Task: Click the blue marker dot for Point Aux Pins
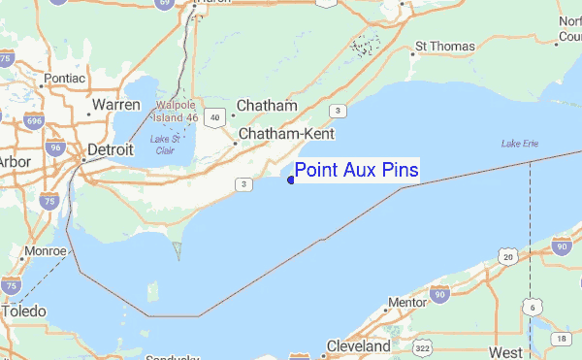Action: coord(291,179)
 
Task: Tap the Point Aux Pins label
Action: coord(357,171)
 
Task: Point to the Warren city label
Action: coord(117,104)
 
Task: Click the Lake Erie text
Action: coord(520,144)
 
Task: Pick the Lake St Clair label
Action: coord(165,145)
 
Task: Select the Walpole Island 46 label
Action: coord(175,111)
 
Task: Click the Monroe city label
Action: coord(47,250)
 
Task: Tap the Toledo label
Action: coord(24,312)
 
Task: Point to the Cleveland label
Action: coord(358,345)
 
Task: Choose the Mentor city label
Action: coord(407,303)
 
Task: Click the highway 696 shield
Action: coord(35,121)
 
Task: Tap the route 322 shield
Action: coord(421,347)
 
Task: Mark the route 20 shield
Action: coord(507,255)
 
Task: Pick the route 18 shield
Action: coord(563,338)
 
